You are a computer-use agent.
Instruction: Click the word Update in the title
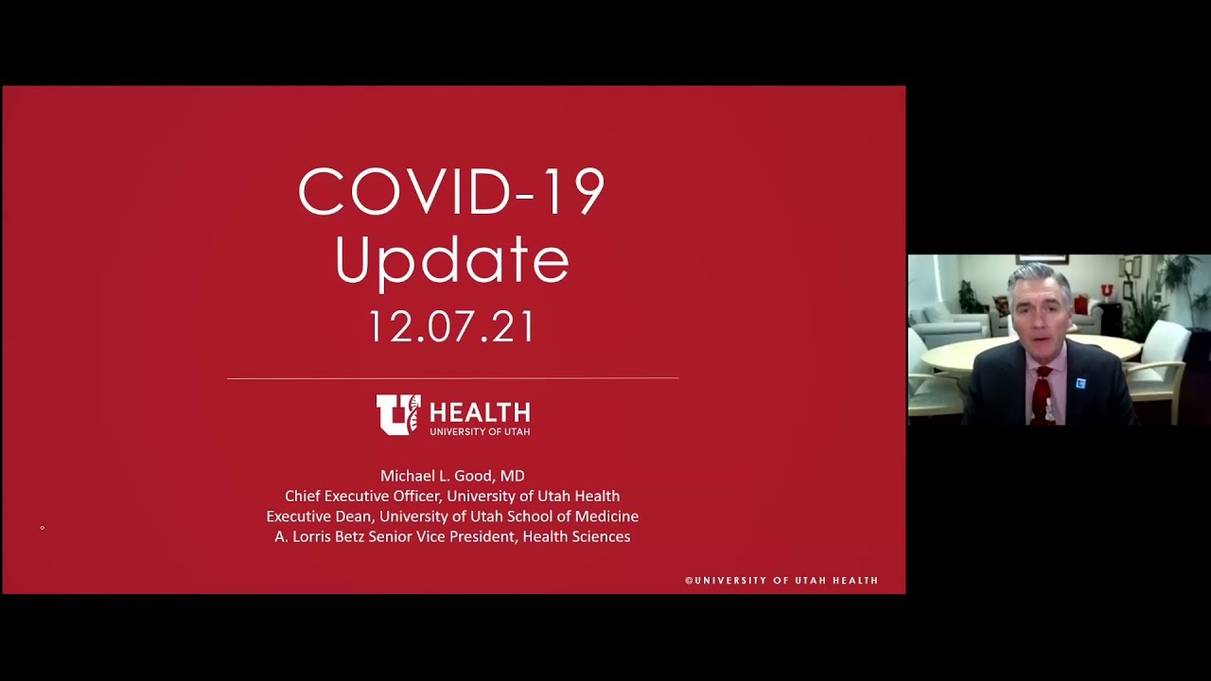click(x=452, y=261)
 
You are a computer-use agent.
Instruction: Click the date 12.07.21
click(x=451, y=327)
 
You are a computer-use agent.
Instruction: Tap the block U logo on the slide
click(x=397, y=414)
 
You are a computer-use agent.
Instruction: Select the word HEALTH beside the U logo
click(x=480, y=412)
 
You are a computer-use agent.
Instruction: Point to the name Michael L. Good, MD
click(x=452, y=476)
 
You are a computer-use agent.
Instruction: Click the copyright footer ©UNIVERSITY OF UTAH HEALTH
click(x=781, y=581)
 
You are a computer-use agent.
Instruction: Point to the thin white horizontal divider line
click(x=452, y=378)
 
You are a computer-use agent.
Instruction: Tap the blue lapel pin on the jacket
click(x=1079, y=382)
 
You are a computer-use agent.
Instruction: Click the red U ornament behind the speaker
click(x=1105, y=289)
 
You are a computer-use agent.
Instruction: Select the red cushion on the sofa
click(x=999, y=306)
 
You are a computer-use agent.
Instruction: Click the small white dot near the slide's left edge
click(x=42, y=527)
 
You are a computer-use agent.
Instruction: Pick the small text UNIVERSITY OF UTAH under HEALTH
click(x=480, y=431)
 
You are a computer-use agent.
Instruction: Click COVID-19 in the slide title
click(x=451, y=192)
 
